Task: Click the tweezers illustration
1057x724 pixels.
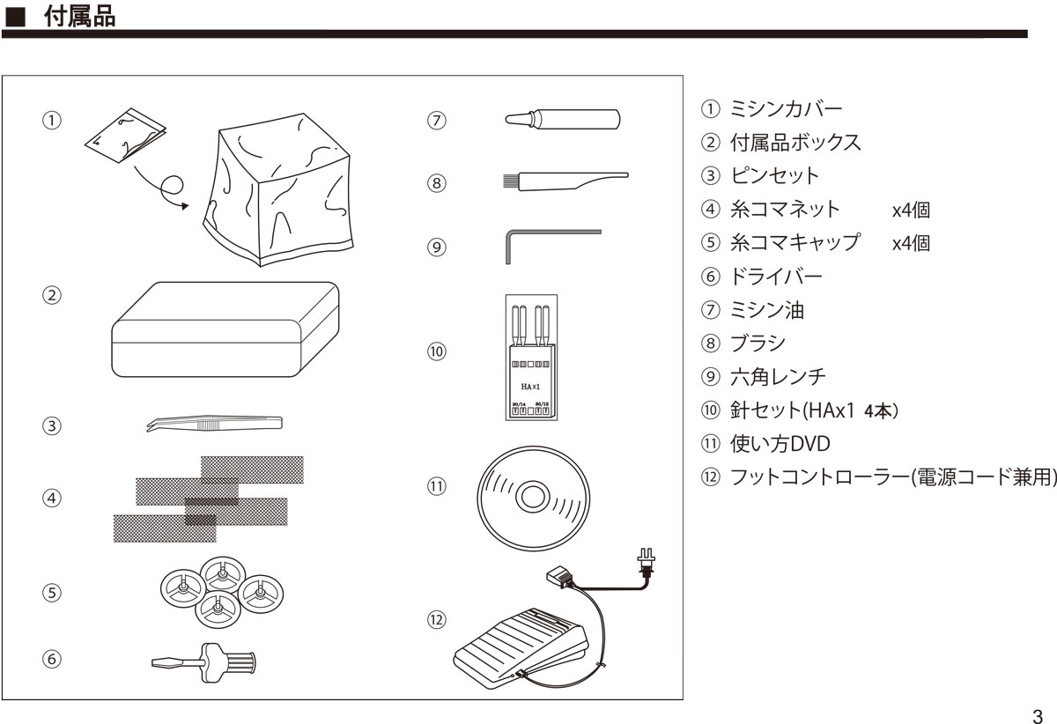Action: (214, 425)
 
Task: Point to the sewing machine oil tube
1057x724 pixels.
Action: (563, 119)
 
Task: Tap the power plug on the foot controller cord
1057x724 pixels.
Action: (647, 561)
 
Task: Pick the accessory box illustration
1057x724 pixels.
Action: (225, 329)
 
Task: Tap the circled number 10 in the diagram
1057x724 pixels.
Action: (436, 351)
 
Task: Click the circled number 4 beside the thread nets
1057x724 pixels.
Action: (53, 499)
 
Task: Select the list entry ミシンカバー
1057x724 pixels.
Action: (786, 109)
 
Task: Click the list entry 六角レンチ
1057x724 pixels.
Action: (778, 376)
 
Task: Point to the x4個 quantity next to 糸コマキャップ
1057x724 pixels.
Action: (910, 243)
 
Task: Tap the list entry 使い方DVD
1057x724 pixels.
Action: (780, 443)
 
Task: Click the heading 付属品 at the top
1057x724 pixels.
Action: (79, 16)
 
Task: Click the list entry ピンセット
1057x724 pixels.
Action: (774, 176)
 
